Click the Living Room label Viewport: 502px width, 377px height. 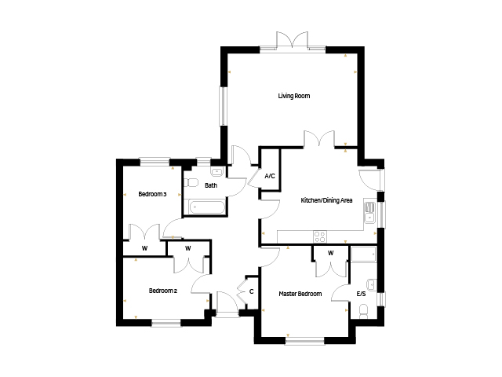294,96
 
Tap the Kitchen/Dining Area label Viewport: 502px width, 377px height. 326,200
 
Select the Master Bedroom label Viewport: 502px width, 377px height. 300,294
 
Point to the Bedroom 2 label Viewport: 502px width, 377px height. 163,291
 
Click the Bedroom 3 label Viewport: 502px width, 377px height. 152,194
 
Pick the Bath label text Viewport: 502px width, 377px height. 211,185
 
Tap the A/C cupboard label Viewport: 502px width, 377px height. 270,176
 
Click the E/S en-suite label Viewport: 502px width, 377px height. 361,294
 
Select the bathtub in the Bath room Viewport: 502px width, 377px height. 207,207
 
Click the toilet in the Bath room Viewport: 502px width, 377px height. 191,183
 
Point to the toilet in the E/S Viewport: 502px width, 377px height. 363,311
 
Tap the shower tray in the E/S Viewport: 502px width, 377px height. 364,254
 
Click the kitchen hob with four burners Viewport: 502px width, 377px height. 320,237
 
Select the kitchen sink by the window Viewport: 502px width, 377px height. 369,213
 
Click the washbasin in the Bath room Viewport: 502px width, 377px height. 217,172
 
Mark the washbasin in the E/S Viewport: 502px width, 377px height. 372,284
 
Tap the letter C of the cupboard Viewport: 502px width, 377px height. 252,291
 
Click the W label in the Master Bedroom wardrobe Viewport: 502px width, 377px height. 331,253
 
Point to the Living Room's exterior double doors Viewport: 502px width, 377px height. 293,41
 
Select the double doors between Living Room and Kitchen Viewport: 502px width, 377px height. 319,139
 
